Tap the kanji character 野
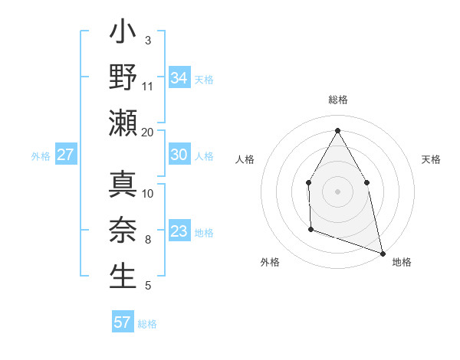[x=123, y=77]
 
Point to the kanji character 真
[x=123, y=187]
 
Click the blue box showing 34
[x=179, y=77]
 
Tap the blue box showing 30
[x=179, y=155]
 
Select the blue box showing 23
[x=179, y=231]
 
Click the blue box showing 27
[x=66, y=155]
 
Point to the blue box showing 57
[x=123, y=322]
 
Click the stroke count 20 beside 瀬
[x=148, y=133]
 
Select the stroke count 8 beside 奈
[x=148, y=240]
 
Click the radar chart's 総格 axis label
[x=337, y=100]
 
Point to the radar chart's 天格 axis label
[x=431, y=159]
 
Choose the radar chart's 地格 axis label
[x=402, y=263]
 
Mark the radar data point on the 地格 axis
[x=382, y=252]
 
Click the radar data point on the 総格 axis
[x=337, y=130]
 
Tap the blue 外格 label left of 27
[x=41, y=155]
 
